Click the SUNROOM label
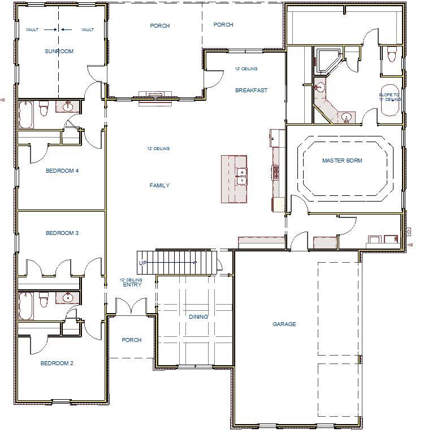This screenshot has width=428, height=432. (59, 52)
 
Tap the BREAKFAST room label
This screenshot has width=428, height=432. (251, 91)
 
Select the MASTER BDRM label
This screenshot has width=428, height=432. (342, 161)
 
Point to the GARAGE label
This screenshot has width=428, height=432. (284, 324)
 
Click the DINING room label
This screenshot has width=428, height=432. (198, 317)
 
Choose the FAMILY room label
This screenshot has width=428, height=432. (159, 186)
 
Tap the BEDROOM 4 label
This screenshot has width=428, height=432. (62, 171)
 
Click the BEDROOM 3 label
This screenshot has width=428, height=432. (62, 233)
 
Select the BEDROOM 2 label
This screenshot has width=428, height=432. (57, 363)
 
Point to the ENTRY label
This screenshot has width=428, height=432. (132, 285)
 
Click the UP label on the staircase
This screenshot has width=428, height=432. (142, 263)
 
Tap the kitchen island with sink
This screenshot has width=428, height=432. (234, 178)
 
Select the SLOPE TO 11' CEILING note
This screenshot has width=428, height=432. (390, 97)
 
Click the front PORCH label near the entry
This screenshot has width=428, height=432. (131, 340)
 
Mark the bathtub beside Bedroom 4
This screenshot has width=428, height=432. (25, 115)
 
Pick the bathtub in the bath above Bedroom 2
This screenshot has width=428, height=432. (25, 306)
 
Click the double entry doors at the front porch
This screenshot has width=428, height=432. (131, 307)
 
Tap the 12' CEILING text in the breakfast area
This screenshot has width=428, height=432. (246, 69)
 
